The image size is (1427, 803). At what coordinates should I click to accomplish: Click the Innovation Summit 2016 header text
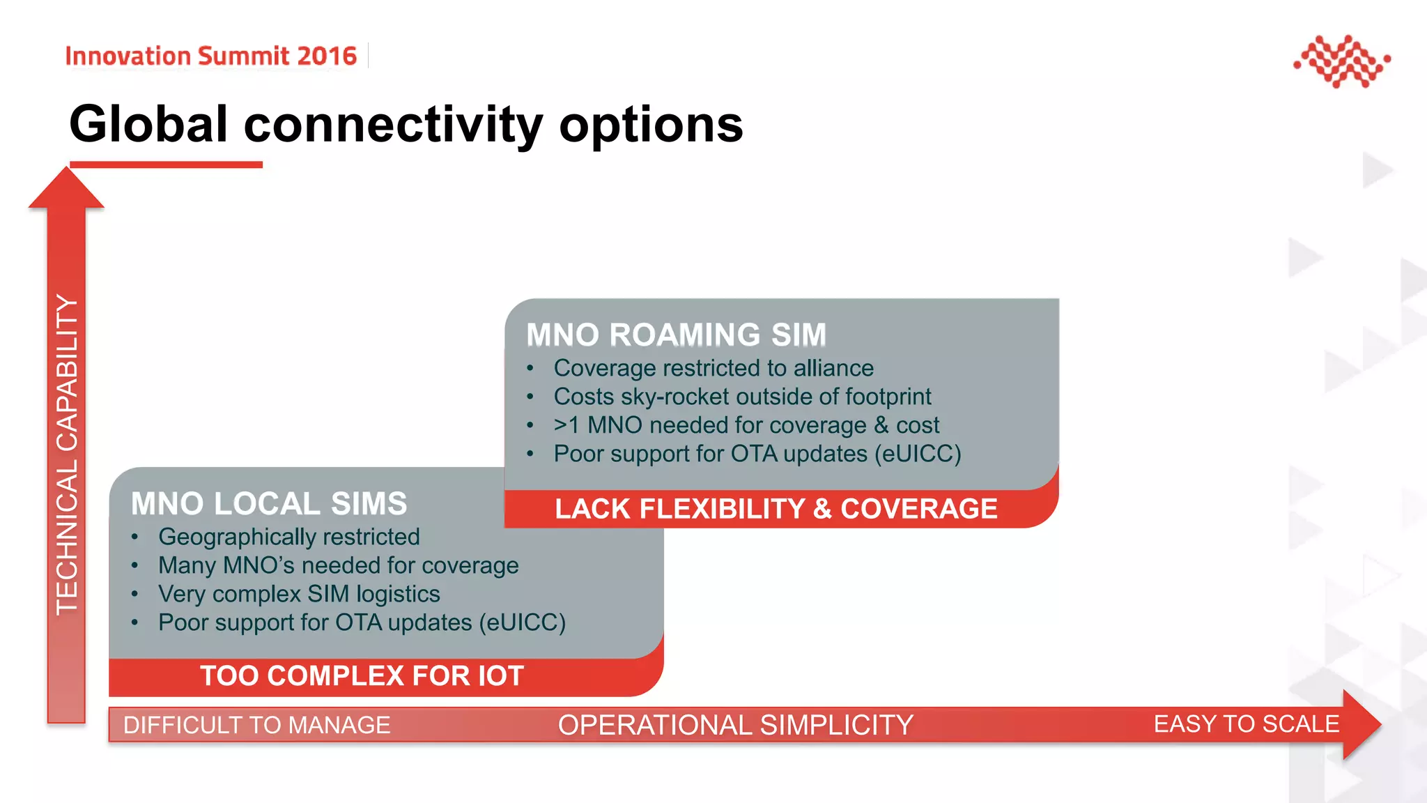(210, 56)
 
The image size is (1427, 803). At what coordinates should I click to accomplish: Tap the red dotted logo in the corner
(1341, 61)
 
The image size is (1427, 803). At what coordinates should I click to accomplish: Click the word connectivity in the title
(392, 125)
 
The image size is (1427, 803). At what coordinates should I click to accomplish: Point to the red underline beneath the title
(166, 165)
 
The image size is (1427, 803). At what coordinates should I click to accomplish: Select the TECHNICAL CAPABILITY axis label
(67, 453)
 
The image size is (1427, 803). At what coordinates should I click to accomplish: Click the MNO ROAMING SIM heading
(676, 335)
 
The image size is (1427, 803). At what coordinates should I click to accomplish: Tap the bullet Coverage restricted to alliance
(713, 368)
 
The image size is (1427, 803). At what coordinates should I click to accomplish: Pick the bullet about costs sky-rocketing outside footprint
(741, 397)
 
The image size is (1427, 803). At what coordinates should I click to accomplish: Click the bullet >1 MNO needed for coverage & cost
(746, 425)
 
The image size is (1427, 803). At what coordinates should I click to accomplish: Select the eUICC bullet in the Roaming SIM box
(757, 454)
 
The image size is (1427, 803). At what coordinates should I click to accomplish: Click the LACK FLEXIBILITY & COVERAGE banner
(776, 509)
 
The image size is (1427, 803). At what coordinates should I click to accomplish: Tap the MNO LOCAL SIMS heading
(269, 503)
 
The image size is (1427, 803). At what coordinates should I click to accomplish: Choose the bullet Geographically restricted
(288, 537)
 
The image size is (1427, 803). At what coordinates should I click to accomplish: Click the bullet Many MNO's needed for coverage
(338, 565)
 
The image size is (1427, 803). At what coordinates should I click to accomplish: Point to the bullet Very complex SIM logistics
(299, 594)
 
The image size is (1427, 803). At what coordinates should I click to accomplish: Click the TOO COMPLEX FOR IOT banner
(362, 676)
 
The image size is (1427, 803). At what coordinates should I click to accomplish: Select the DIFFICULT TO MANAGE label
(256, 725)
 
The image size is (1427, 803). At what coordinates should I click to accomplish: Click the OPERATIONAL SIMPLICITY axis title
(735, 725)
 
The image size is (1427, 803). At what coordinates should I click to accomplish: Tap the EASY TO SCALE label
(1246, 724)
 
